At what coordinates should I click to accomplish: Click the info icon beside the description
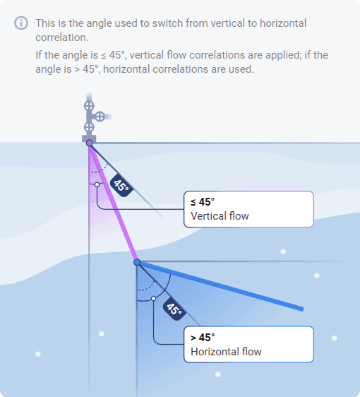pos(21,23)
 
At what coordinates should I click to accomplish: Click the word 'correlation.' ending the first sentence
pos(61,37)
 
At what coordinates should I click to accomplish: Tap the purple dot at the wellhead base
pos(90,143)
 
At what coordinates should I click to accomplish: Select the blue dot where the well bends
pos(137,262)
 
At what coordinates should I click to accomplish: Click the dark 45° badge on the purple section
pos(121,185)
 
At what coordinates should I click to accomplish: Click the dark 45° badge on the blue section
pos(174,309)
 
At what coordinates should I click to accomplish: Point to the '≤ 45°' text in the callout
pos(203,202)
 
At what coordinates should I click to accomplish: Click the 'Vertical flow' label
pos(220,216)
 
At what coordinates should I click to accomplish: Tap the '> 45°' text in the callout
pos(203,338)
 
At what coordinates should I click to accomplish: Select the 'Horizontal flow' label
pos(226,352)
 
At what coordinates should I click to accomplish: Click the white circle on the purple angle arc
pos(97,184)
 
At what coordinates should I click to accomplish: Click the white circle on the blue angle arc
pos(154,299)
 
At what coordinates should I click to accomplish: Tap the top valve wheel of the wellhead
pos(89,106)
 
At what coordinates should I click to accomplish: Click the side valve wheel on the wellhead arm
pos(100,117)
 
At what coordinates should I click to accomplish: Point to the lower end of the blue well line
pos(303,309)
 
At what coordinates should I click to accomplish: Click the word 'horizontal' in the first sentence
pos(283,23)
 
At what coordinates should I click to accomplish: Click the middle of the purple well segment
pos(113,203)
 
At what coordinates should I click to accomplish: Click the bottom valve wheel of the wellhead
pos(89,127)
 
